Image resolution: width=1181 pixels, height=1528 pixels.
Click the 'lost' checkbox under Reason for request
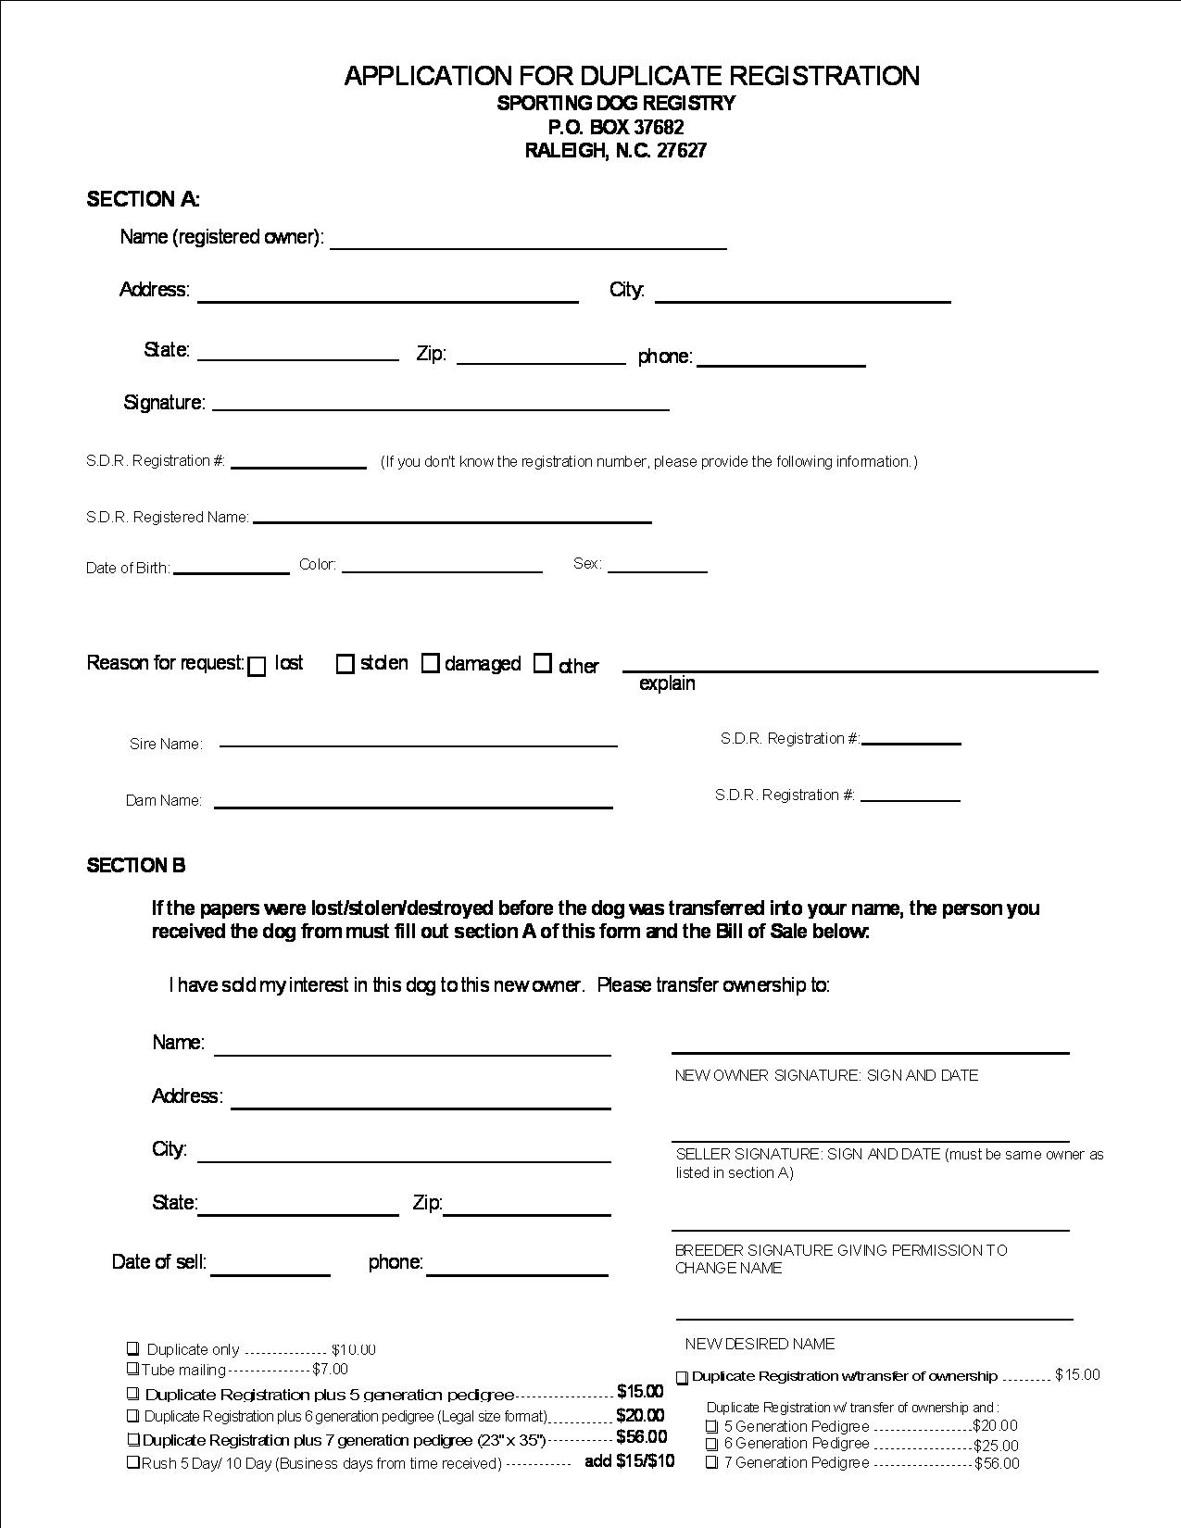pyautogui.click(x=258, y=667)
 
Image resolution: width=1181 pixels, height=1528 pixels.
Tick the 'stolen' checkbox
pyautogui.click(x=346, y=664)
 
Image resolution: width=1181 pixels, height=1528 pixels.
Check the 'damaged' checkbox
pyautogui.click(x=431, y=663)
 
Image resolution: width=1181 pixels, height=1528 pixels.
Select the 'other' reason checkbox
pyautogui.click(x=543, y=663)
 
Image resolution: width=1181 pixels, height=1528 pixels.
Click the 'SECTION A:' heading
pyautogui.click(x=144, y=199)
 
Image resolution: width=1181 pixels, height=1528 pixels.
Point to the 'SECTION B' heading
pyautogui.click(x=136, y=865)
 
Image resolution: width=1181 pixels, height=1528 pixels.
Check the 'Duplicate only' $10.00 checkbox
pyautogui.click(x=133, y=1348)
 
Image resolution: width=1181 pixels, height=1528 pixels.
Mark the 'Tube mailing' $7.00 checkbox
pyautogui.click(x=133, y=1369)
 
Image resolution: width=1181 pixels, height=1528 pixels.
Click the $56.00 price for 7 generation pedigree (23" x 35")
pyautogui.click(x=641, y=1437)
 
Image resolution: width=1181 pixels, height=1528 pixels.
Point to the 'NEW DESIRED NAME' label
pyautogui.click(x=760, y=1344)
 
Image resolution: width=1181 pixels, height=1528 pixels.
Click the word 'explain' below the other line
pyautogui.click(x=667, y=683)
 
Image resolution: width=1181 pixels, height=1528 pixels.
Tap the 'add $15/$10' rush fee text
pyautogui.click(x=629, y=1461)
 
